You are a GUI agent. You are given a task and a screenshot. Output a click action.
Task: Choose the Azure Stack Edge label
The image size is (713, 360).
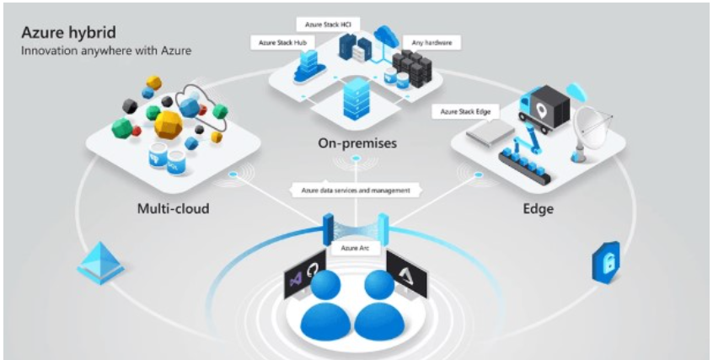click(x=464, y=110)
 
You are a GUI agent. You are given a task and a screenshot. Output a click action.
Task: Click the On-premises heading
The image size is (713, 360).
click(x=356, y=143)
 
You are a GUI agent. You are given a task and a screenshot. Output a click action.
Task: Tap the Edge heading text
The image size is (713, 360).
click(x=537, y=207)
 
